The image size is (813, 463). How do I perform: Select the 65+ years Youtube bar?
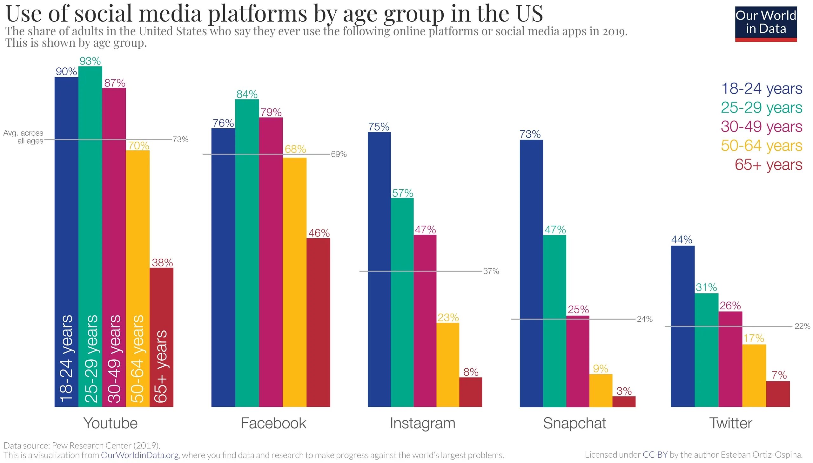(161, 337)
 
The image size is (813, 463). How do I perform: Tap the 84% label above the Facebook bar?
(247, 94)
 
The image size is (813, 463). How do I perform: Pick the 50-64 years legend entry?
(761, 146)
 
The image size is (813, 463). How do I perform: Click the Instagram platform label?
(423, 423)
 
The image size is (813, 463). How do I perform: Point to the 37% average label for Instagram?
(491, 271)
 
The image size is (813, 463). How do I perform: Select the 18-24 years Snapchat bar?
(531, 274)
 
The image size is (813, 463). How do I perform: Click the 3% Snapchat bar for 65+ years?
(624, 401)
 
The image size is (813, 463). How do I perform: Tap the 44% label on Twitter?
(682, 240)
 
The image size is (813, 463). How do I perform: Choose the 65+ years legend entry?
(768, 165)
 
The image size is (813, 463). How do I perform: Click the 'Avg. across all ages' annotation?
(23, 137)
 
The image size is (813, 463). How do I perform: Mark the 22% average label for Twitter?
(802, 326)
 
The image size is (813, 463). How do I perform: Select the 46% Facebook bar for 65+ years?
(318, 323)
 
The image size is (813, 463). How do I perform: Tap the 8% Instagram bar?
(471, 392)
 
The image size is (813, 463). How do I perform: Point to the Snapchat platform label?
(574, 423)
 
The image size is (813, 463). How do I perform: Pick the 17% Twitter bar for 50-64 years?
(754, 376)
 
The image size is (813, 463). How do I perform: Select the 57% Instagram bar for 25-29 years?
(402, 302)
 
